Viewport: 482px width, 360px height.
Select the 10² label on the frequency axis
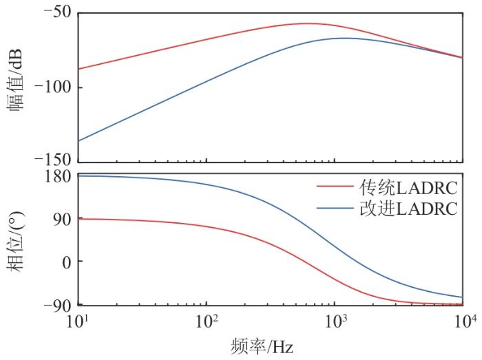206,321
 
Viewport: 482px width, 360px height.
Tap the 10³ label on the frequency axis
335,321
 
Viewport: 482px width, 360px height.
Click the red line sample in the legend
335,187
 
